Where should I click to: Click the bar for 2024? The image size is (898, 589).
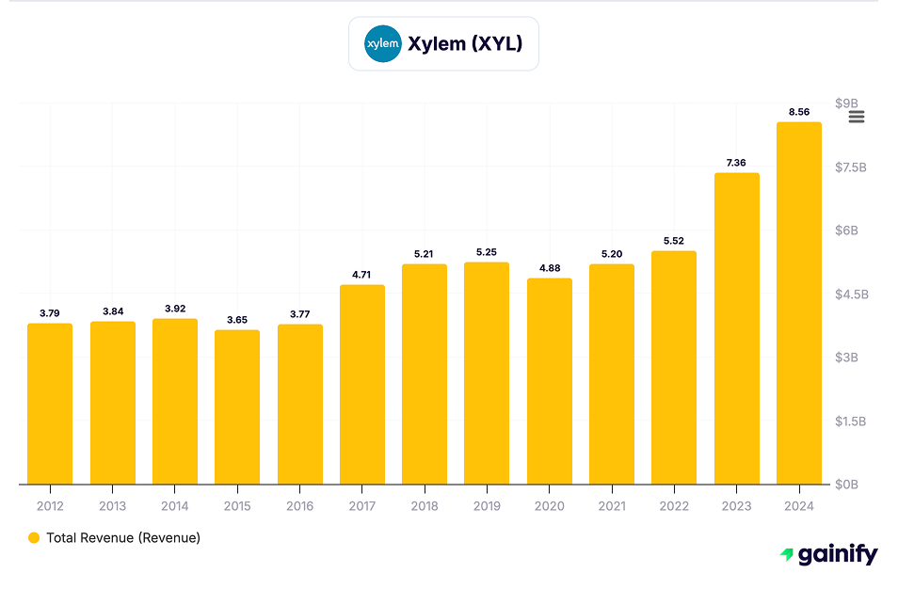798,303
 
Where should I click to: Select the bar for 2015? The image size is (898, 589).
237,406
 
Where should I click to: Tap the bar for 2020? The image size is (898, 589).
549,381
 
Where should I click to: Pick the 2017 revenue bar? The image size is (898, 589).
362,384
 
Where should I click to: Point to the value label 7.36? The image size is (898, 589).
736,163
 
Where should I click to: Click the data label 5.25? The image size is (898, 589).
487,252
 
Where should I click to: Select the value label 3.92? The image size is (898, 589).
175,309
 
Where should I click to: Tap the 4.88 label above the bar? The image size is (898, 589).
549,268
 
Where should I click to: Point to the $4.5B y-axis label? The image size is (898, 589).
852,294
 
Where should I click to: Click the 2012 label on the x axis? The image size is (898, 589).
50,506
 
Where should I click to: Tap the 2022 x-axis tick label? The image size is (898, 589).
674,506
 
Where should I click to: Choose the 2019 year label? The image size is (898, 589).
487,506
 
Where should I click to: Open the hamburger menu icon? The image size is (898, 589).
857,117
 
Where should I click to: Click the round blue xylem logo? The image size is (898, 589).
383,43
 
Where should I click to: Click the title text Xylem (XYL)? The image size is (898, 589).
464,43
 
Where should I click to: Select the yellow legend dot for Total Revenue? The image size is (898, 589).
34,538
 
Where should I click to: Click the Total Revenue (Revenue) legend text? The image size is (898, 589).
123,538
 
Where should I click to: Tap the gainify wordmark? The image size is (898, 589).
837,555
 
